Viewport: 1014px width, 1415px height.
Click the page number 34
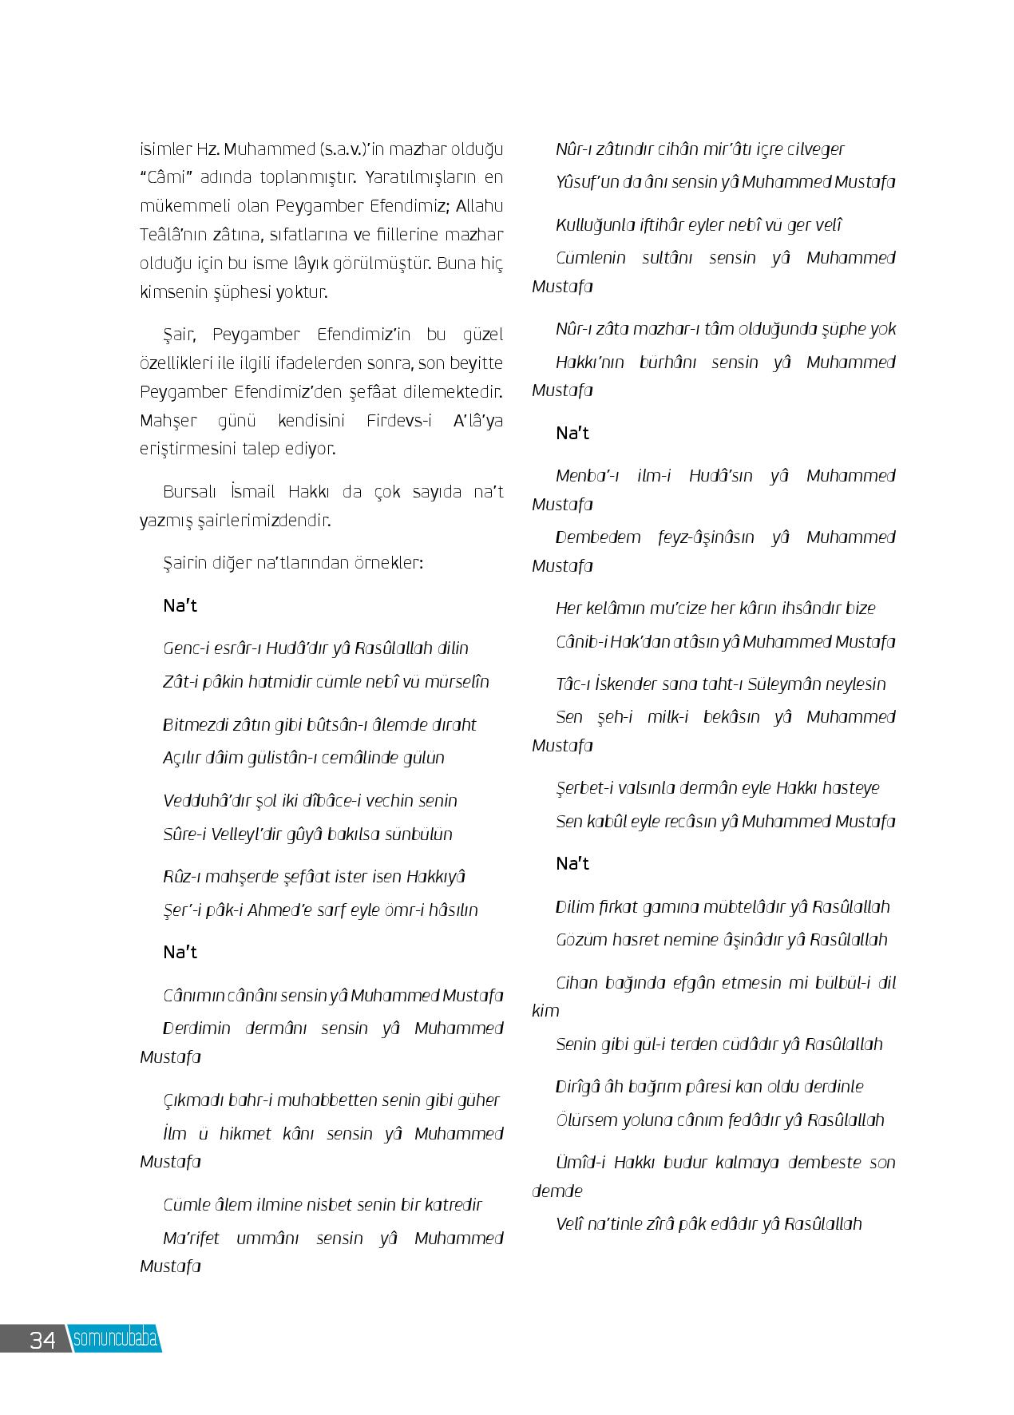[x=42, y=1339]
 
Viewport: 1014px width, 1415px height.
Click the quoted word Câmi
[x=168, y=177]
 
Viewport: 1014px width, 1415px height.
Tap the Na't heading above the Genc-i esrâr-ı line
[x=180, y=605]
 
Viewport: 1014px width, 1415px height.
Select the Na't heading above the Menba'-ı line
[x=572, y=434]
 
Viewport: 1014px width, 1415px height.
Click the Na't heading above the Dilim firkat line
[x=572, y=864]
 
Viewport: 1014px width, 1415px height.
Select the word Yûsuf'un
[x=588, y=182]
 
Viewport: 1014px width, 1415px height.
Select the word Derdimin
[x=196, y=1029]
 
